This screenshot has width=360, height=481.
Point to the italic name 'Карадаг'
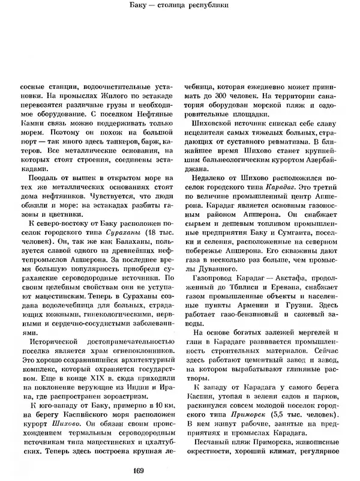point(268,189)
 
